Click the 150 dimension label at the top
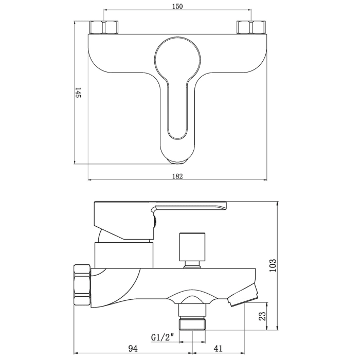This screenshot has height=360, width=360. tap(177, 6)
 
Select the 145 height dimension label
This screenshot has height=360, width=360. tap(78, 92)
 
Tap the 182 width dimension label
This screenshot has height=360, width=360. tap(177, 176)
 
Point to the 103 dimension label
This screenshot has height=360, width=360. tap(273, 266)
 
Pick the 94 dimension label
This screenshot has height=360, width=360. tap(133, 348)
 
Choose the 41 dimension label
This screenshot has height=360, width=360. tap(218, 348)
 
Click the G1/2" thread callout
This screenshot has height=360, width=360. tap(163, 337)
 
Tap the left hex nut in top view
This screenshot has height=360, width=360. tap(104, 27)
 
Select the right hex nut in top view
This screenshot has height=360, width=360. tap(251, 27)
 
